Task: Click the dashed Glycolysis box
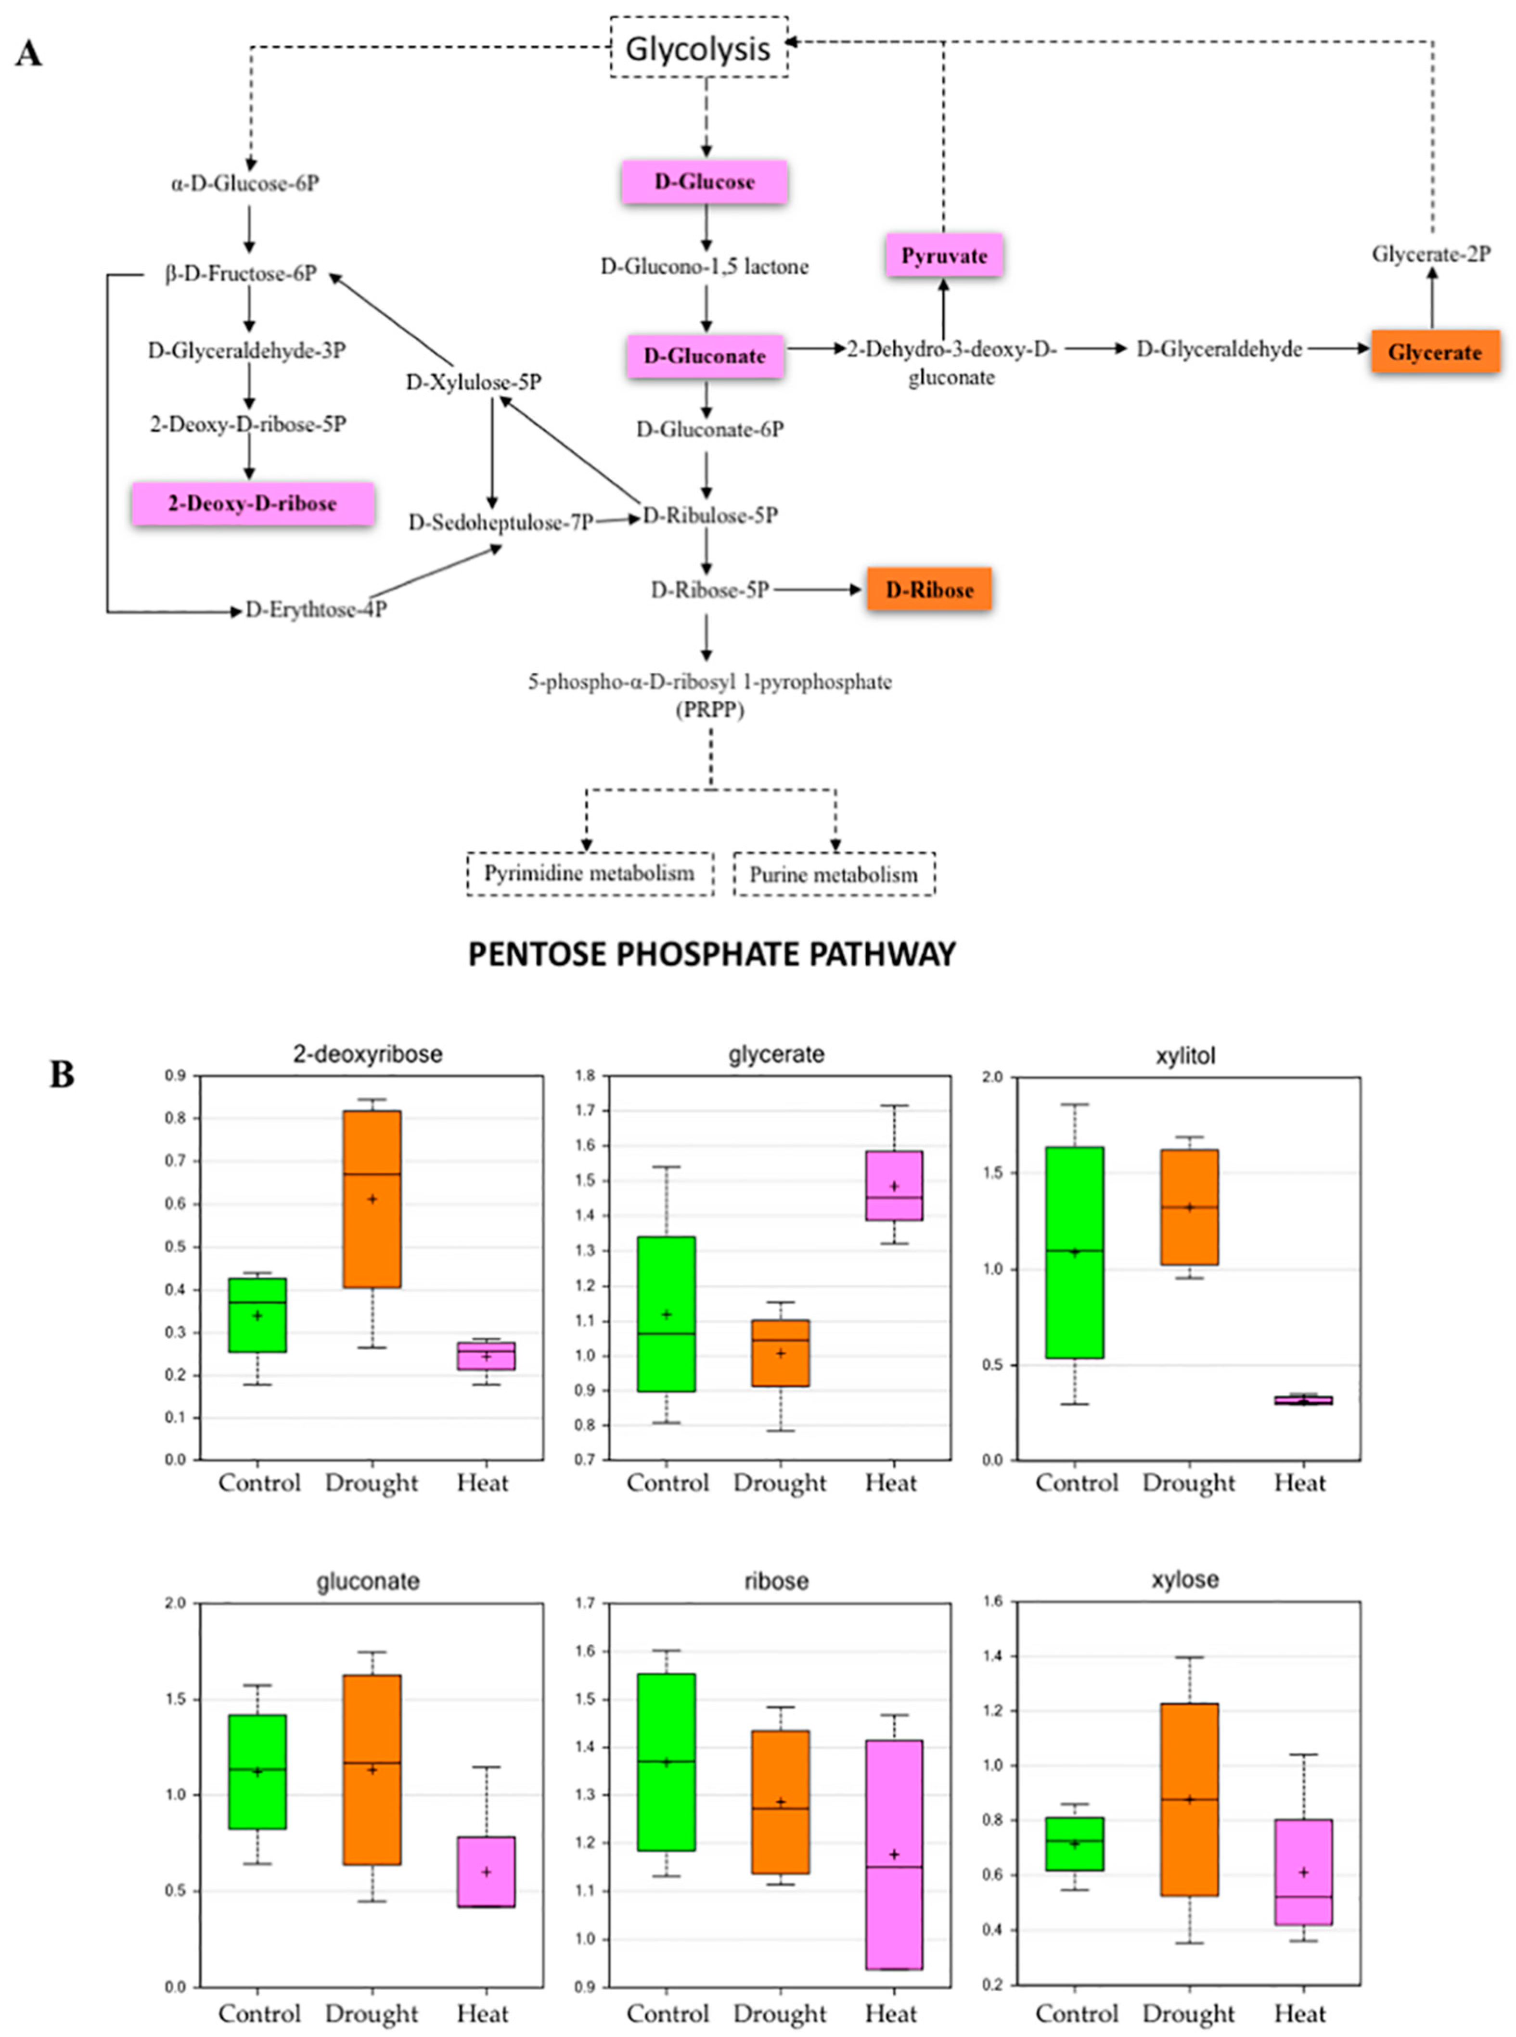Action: coord(698,48)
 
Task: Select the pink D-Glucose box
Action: coord(704,182)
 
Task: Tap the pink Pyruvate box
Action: coord(943,255)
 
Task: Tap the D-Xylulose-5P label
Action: coord(474,382)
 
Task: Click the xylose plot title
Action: coord(1185,1579)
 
